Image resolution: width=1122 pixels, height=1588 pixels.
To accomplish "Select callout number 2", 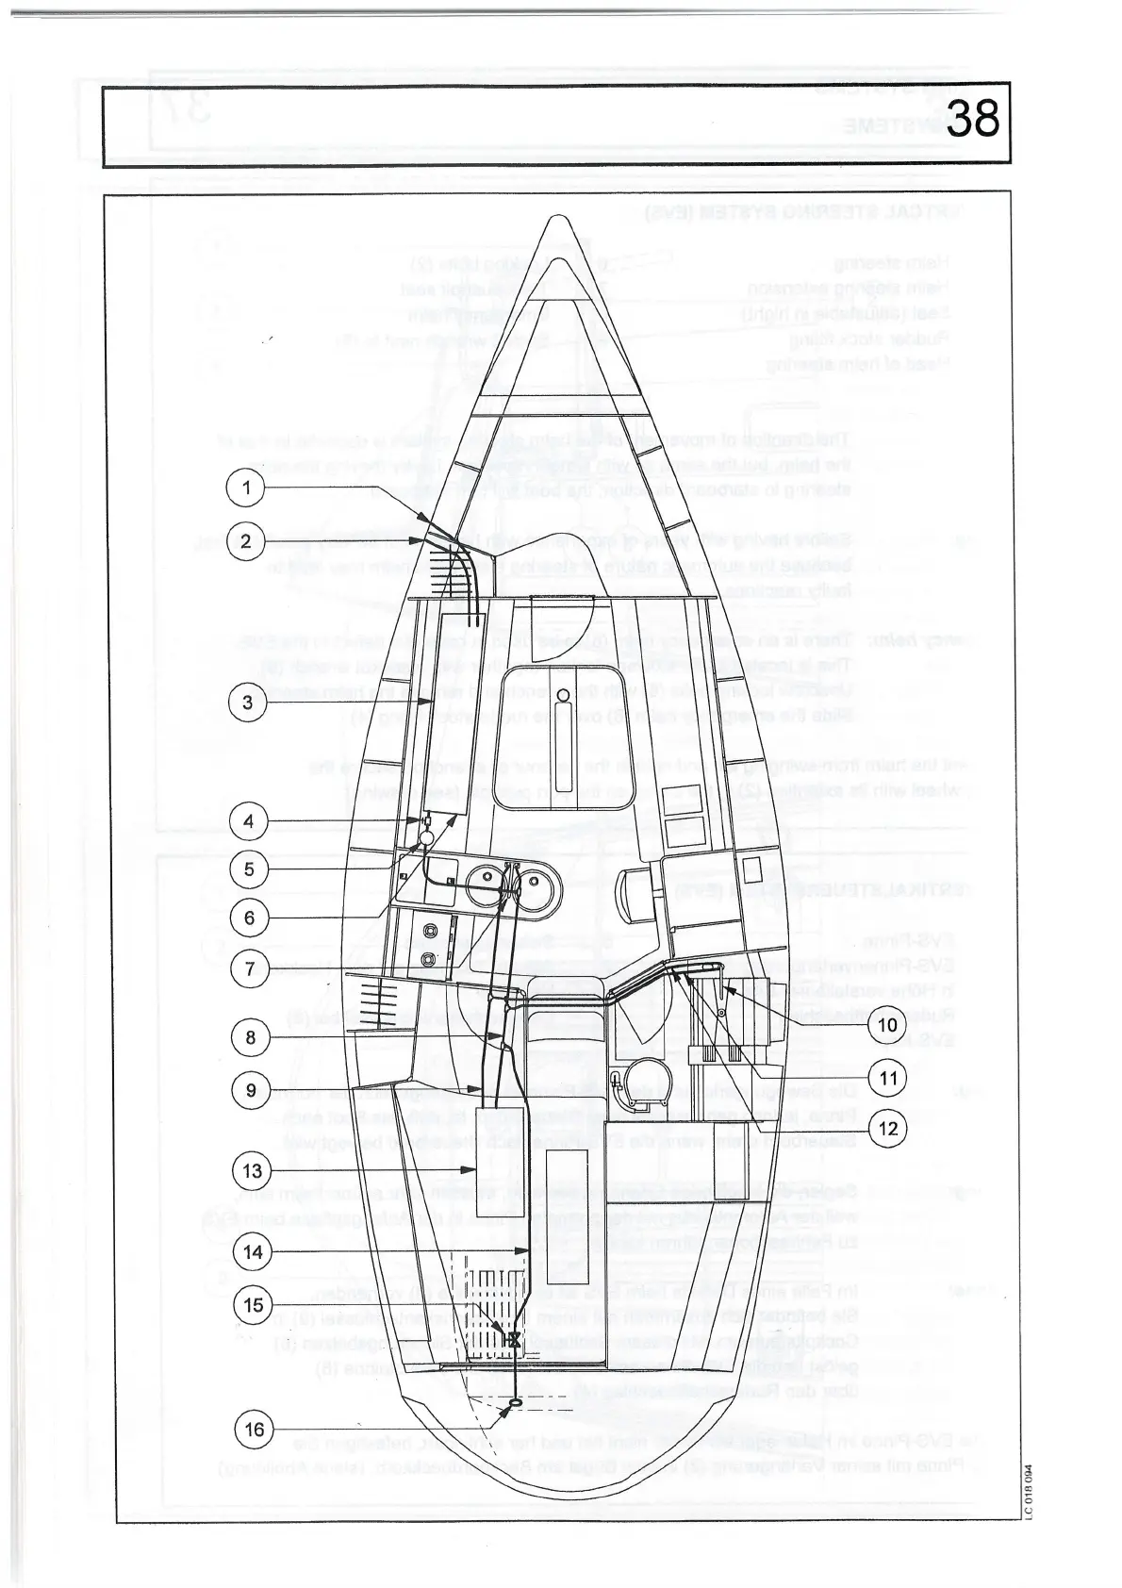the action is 245,541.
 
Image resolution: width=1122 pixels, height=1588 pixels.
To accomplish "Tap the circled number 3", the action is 247,703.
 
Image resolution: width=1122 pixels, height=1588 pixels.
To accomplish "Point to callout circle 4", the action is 249,821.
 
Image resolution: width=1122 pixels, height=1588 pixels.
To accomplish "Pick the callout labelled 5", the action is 249,868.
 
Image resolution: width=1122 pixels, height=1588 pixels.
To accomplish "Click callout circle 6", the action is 249,918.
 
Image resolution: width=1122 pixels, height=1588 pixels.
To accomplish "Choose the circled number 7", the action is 250,968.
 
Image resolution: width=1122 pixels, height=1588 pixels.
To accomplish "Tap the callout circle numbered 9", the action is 250,1090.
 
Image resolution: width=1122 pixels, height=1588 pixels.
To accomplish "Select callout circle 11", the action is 887,1077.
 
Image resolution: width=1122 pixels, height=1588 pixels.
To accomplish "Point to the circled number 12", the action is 887,1128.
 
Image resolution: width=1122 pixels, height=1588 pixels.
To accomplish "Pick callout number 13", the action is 251,1171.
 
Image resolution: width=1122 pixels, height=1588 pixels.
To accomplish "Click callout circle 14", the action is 252,1252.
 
